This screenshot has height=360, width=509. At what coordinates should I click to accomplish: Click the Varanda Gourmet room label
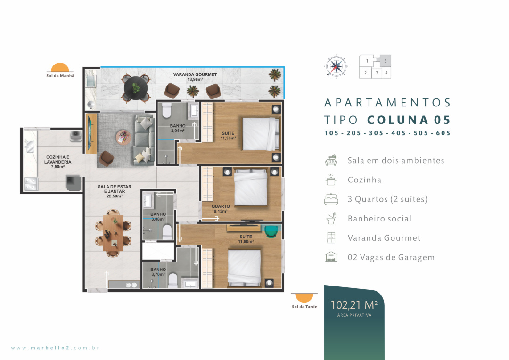(195, 77)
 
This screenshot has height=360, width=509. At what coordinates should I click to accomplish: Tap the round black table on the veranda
(136, 88)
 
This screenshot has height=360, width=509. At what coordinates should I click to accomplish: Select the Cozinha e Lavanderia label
(58, 162)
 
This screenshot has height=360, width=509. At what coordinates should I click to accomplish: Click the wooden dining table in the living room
(113, 233)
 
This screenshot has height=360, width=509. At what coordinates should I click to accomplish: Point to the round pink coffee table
(123, 137)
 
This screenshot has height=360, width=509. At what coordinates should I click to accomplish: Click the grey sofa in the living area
(145, 140)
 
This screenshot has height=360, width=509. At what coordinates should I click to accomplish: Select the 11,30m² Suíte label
(228, 136)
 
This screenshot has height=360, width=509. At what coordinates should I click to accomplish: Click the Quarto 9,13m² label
(221, 209)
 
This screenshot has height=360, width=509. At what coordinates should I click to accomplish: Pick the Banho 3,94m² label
(178, 128)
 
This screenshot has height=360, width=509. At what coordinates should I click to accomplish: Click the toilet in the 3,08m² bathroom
(167, 232)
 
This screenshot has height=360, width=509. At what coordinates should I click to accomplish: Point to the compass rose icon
(336, 66)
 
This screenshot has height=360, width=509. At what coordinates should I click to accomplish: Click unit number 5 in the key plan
(386, 61)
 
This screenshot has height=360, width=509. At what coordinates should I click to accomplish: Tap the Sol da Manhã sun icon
(60, 67)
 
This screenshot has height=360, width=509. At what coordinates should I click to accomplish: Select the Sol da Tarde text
(304, 307)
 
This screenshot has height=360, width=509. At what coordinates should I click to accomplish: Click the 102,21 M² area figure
(354, 305)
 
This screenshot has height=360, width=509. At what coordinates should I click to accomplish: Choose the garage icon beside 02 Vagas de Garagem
(331, 257)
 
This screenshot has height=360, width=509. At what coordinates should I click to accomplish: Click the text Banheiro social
(379, 219)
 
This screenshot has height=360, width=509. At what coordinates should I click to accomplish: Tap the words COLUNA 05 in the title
(409, 120)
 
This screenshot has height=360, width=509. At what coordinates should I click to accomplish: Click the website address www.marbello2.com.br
(55, 348)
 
